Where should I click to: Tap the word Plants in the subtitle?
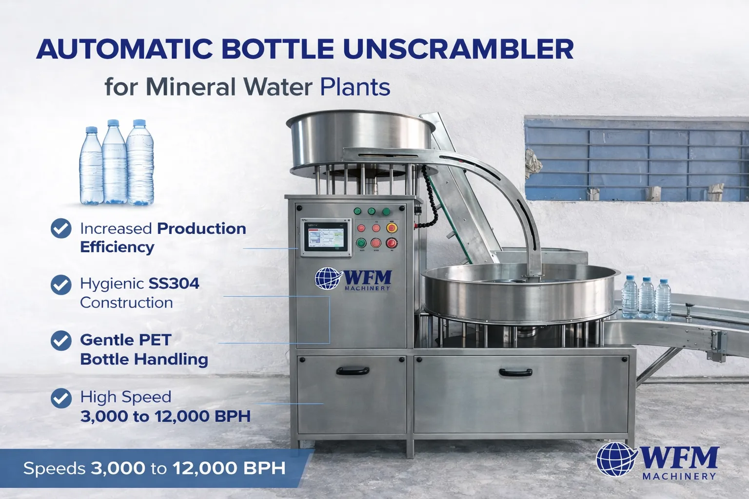(355, 87)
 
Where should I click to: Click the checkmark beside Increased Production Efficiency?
(61, 228)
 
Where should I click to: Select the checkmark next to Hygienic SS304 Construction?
(61, 285)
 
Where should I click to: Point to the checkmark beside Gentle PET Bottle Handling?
(61, 341)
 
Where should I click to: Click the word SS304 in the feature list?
(174, 284)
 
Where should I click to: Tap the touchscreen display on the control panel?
(326, 237)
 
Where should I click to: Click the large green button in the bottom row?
(361, 243)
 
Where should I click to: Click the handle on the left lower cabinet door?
(351, 370)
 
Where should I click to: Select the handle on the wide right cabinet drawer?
(515, 372)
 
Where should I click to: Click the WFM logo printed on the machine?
(354, 280)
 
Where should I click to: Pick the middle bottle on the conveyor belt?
(647, 296)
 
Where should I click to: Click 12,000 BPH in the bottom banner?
(229, 468)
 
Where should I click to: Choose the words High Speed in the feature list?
(126, 397)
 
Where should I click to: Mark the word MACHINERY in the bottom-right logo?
(679, 476)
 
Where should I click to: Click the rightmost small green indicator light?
(386, 211)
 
